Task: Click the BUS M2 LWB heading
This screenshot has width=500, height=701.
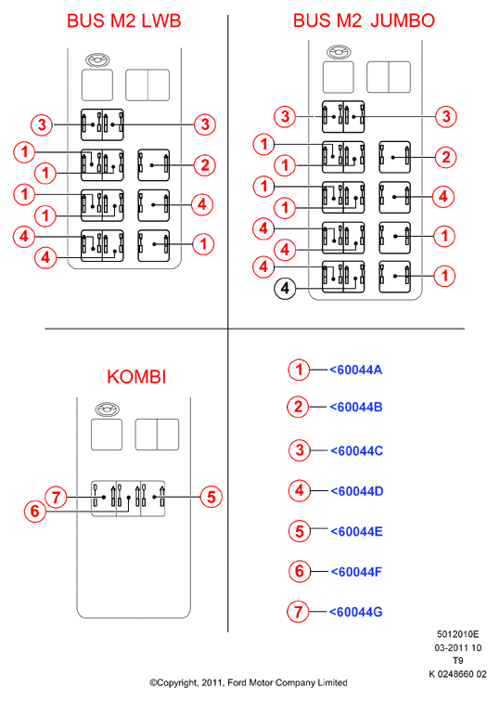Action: click(123, 20)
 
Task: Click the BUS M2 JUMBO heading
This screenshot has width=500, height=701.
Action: click(364, 20)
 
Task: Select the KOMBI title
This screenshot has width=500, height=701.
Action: click(136, 377)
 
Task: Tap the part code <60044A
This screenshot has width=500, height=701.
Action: click(355, 370)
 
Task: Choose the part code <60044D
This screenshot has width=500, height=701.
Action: click(356, 491)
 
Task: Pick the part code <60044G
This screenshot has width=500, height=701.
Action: click(355, 612)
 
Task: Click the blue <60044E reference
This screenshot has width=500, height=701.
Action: click(356, 532)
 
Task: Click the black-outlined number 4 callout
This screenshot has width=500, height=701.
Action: click(285, 289)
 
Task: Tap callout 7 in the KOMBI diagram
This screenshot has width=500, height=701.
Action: click(56, 497)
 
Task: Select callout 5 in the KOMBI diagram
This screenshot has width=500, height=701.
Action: click(211, 497)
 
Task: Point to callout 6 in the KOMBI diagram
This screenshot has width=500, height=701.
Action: click(35, 511)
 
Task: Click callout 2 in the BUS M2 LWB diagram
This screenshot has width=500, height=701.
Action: click(205, 165)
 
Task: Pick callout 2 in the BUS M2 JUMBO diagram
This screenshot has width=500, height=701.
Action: click(445, 157)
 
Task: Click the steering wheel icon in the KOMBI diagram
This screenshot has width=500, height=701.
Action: click(108, 409)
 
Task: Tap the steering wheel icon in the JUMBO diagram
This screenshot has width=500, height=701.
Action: click(339, 52)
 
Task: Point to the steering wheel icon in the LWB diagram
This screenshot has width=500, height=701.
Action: click(97, 60)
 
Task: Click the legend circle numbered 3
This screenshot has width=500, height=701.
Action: click(300, 450)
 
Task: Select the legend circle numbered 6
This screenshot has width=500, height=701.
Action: click(299, 571)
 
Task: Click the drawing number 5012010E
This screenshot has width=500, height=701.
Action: click(457, 634)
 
